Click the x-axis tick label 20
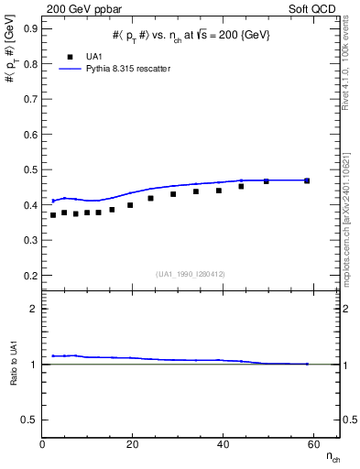pos(133,444)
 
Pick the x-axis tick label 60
pos(312,444)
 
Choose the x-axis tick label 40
pos(223,444)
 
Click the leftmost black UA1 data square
pos(53,215)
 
